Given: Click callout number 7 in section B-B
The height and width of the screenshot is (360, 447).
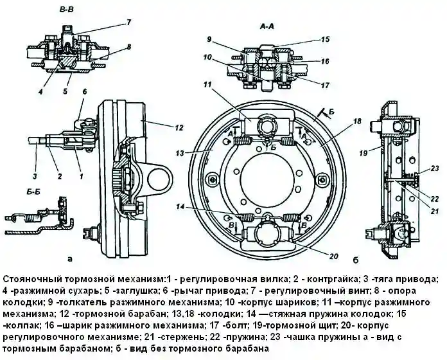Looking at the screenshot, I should pyautogui.click(x=128, y=22).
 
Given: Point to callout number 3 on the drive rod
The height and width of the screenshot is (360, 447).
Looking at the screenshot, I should pyautogui.click(x=35, y=175).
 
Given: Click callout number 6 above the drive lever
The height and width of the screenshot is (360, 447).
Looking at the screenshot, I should pyautogui.click(x=84, y=93).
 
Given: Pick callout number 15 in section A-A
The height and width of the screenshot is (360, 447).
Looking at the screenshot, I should pyautogui.click(x=326, y=39).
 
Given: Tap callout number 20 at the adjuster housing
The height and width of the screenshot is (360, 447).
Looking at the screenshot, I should pyautogui.click(x=332, y=256).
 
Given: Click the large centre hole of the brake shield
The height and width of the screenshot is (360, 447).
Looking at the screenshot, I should pyautogui.click(x=266, y=175).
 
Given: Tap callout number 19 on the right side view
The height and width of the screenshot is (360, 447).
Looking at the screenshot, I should pyautogui.click(x=364, y=154).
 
